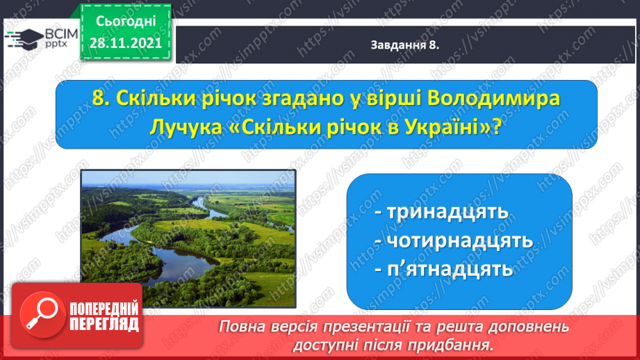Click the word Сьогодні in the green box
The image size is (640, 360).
pyautogui.click(x=126, y=22)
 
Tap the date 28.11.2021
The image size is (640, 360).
pyautogui.click(x=126, y=43)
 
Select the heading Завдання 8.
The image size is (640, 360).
pyautogui.click(x=404, y=45)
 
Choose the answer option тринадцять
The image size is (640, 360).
pyautogui.click(x=442, y=212)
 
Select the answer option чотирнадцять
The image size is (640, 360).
pyautogui.click(x=454, y=241)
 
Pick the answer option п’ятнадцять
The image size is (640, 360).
pyautogui.click(x=444, y=270)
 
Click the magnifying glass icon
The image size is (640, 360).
pyautogui.click(x=42, y=315)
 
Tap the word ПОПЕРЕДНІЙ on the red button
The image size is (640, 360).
pyautogui.click(x=104, y=309)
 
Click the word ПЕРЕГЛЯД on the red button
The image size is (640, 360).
pyautogui.click(x=104, y=325)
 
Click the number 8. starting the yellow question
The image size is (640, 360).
pyautogui.click(x=101, y=99)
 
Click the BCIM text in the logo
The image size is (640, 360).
pyautogui.click(x=61, y=34)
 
